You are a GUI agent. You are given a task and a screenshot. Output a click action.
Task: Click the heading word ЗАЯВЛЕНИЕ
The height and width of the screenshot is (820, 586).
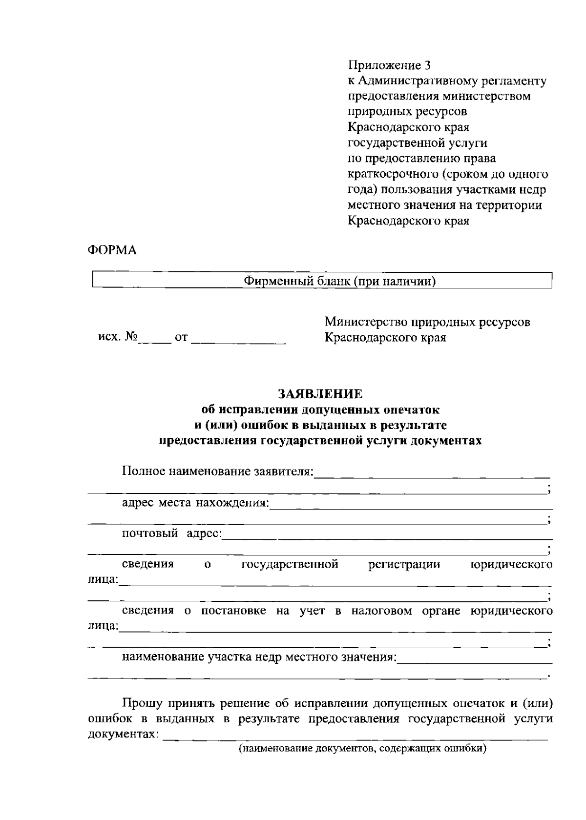(320, 393)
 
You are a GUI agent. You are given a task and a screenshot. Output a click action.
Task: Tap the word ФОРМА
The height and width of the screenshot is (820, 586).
(112, 250)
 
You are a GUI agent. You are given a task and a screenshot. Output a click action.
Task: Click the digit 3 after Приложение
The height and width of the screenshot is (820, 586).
(428, 65)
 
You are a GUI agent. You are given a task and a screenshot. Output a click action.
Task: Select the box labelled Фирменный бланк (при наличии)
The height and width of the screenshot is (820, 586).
(322, 281)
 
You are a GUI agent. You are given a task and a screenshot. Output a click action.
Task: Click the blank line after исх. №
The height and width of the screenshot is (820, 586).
(154, 340)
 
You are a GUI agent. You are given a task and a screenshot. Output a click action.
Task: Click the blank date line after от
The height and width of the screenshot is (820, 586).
(238, 340)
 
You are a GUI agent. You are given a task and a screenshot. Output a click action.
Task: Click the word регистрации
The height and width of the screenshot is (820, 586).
(404, 565)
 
